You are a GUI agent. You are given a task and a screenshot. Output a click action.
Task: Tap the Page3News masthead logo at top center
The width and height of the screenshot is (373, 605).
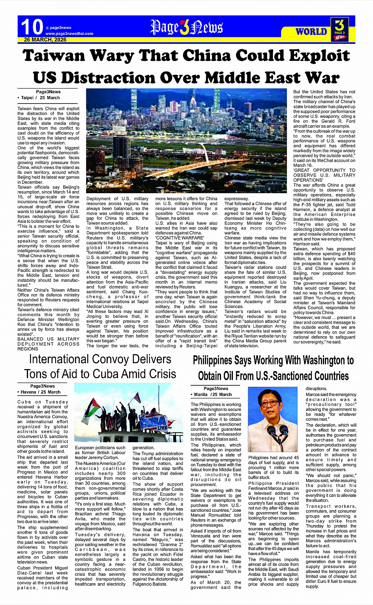[x=186, y=27]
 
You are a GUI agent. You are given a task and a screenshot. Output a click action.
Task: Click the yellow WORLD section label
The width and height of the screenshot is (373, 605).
[x=311, y=32]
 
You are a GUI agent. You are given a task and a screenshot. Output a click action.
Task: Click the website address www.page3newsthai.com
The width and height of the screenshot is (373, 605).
[x=69, y=34]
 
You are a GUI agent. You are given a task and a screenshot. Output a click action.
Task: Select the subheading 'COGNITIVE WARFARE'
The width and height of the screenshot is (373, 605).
[x=174, y=238]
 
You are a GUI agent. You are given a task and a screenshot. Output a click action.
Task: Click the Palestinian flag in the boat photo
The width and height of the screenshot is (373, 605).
[x=92, y=406]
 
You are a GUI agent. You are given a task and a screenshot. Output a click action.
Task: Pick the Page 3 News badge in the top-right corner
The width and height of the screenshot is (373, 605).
[x=340, y=29]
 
